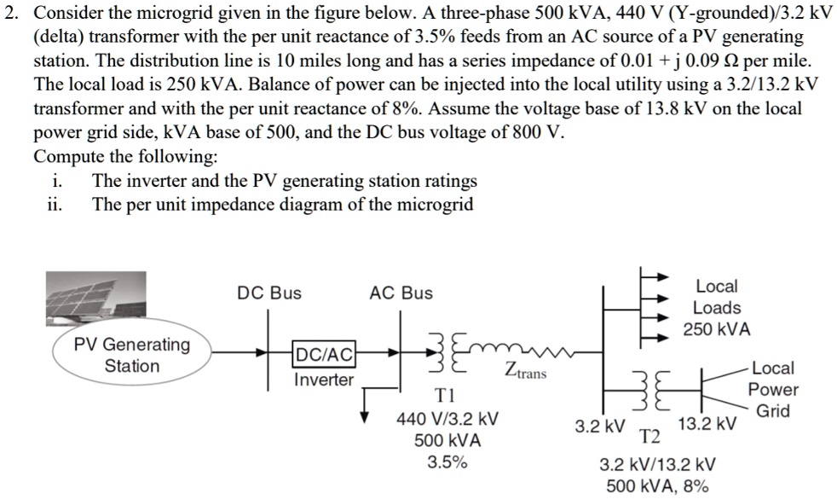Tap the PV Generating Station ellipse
tap(132, 356)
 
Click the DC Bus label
tap(268, 293)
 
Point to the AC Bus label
tap(401, 293)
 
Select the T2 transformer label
tap(650, 438)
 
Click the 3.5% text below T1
tap(447, 463)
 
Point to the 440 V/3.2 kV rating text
tap(447, 420)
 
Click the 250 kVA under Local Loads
tap(717, 329)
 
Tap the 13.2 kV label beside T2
tap(707, 425)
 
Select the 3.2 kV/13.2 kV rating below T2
tap(657, 465)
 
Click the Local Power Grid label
tap(773, 390)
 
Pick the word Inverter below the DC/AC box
tap(323, 380)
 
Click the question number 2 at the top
tap(11, 15)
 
